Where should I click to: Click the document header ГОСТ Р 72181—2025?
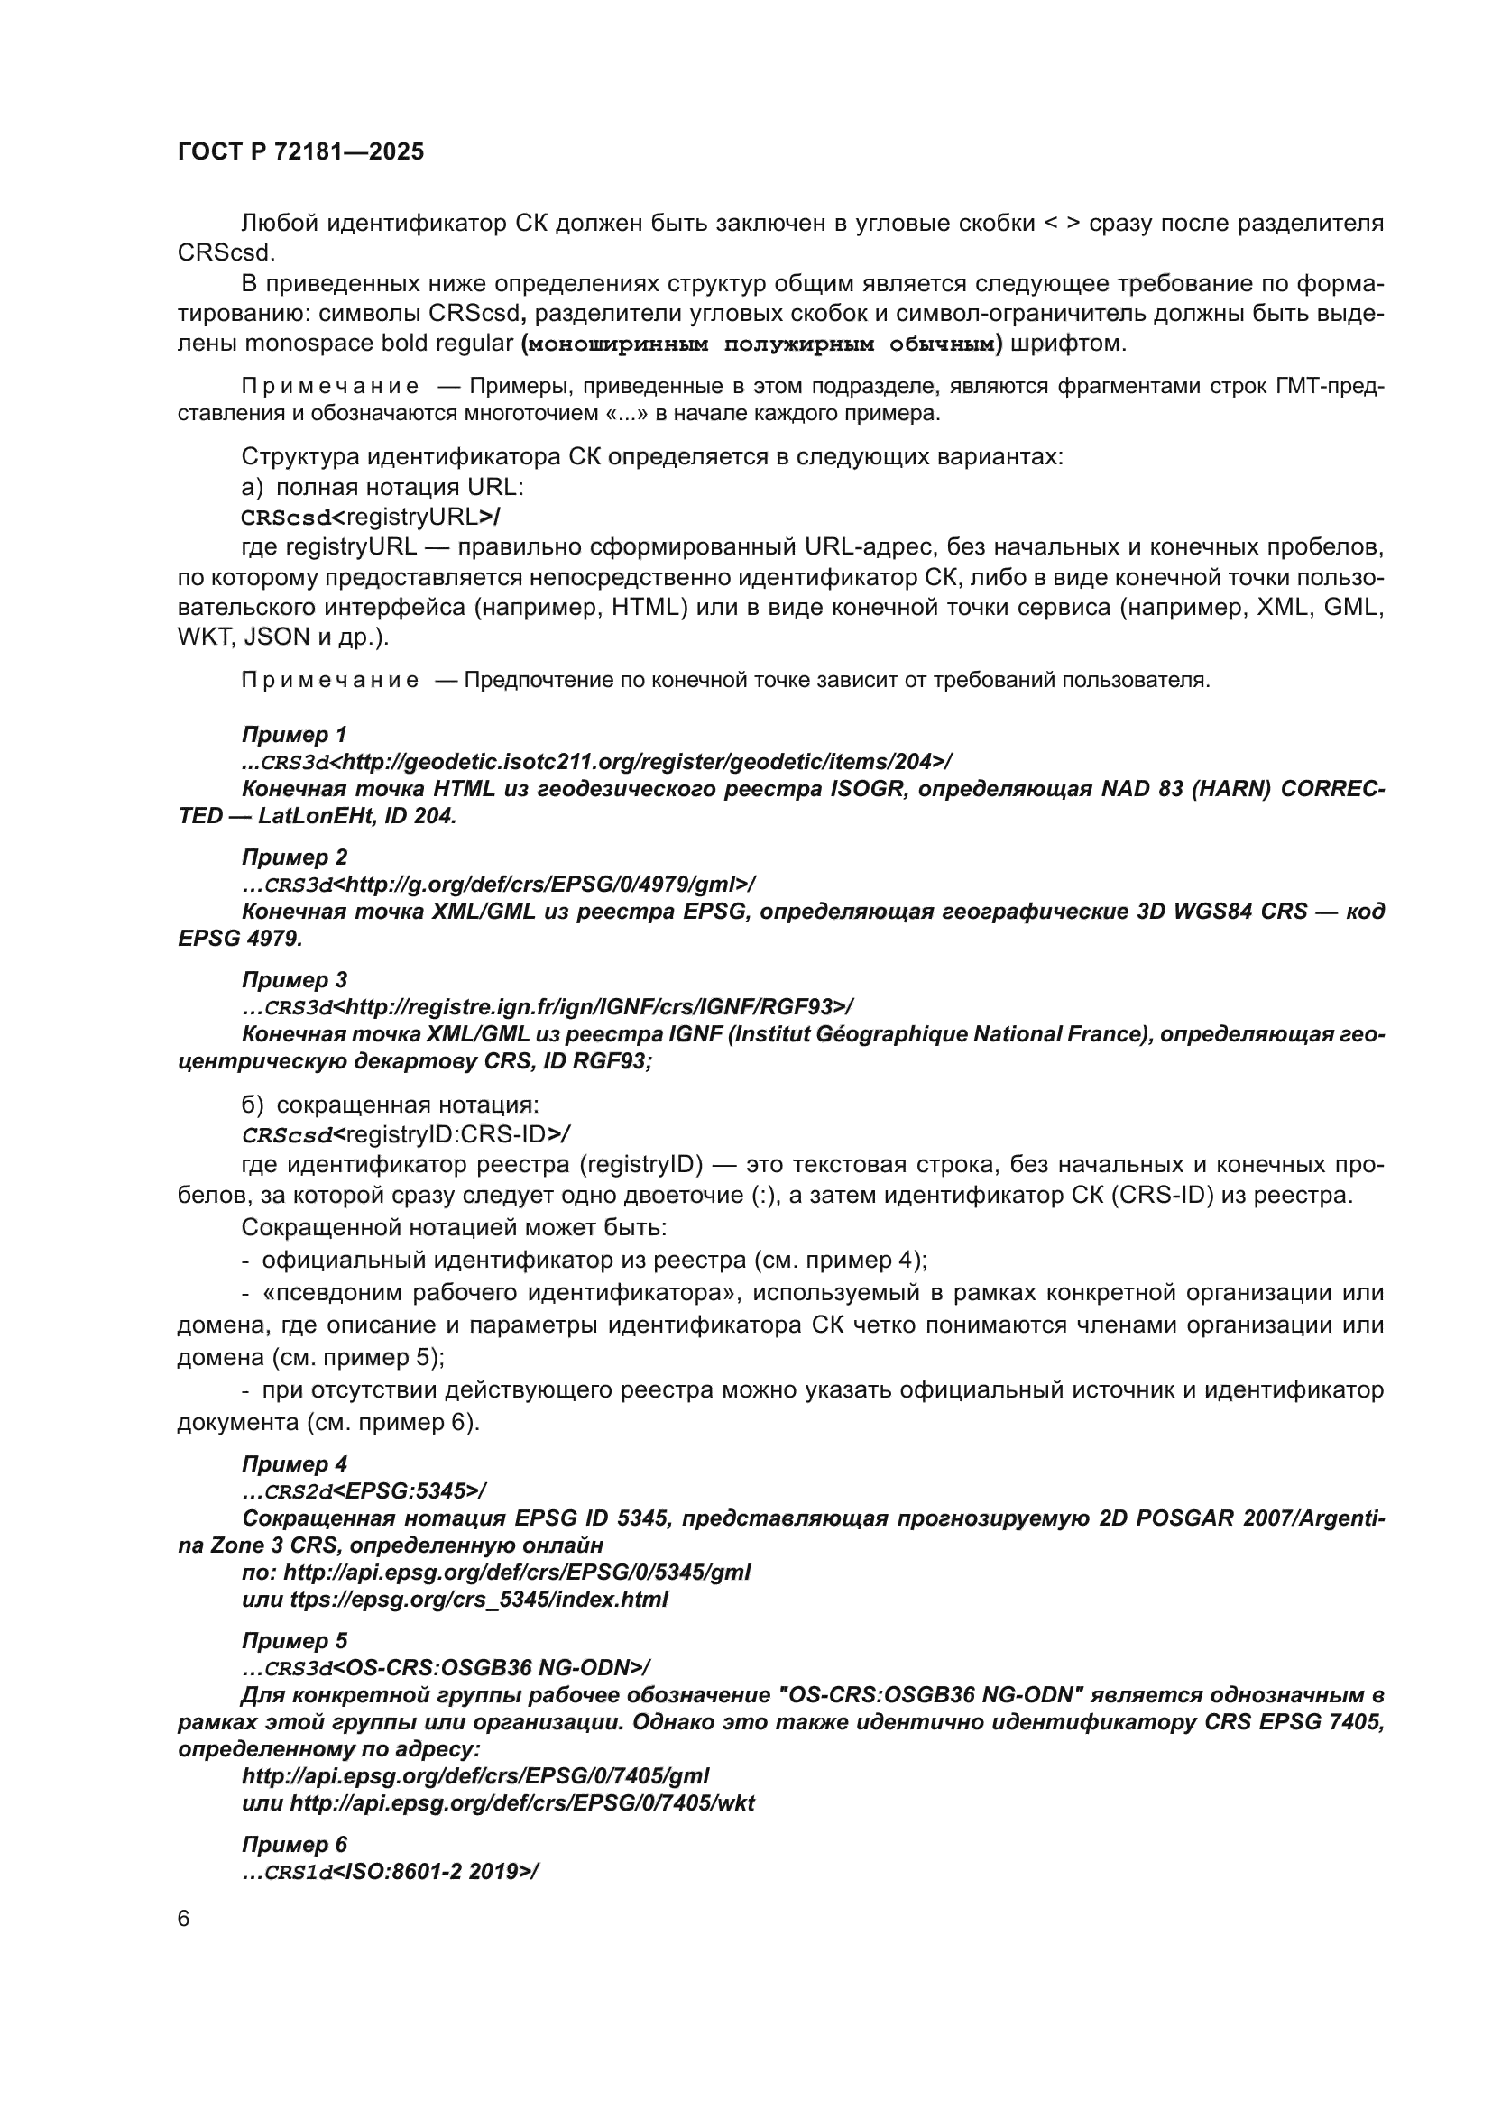300,152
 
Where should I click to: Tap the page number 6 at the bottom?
184,1919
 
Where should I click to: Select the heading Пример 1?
294,734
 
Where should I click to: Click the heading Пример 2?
294,857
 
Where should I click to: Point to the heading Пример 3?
294,979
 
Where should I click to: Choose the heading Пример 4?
294,1463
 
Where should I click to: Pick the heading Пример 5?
294,1639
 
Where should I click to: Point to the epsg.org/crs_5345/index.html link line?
455,1600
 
